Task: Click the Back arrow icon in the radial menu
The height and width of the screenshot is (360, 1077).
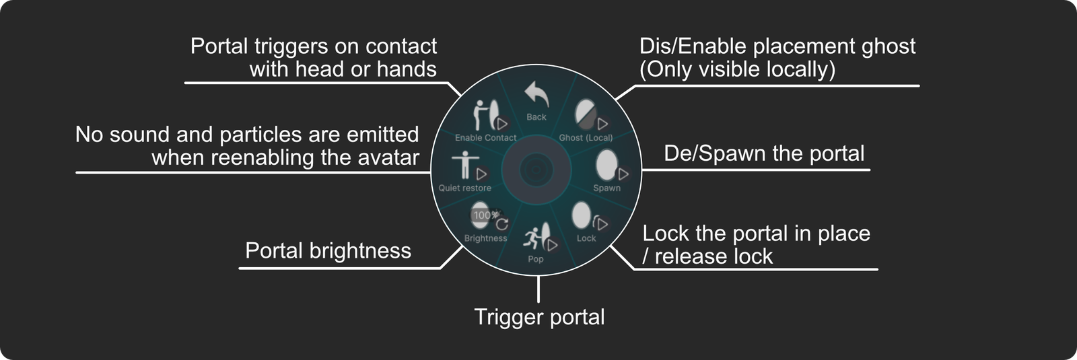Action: [x=536, y=95]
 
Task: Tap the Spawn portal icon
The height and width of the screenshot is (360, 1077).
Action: [x=607, y=165]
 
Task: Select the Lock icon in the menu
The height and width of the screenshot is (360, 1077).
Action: [x=583, y=217]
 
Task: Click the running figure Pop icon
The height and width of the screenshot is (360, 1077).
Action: [x=536, y=236]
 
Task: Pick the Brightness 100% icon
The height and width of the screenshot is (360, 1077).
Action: [x=482, y=215]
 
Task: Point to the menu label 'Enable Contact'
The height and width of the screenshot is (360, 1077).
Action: [x=485, y=137]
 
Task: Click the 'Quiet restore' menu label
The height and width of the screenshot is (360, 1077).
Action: [x=464, y=188]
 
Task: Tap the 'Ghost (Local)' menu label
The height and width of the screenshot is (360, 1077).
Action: [x=586, y=137]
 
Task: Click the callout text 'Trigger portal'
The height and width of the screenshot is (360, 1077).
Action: [x=539, y=317]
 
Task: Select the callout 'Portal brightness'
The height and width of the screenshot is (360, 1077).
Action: [x=328, y=250]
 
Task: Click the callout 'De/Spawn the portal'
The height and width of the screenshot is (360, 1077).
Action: [x=764, y=153]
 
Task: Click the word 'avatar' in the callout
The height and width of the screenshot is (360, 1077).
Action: [x=389, y=157]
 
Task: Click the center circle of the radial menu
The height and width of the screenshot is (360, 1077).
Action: [x=536, y=169]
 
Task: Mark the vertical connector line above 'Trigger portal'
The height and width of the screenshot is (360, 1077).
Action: [x=538, y=289]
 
